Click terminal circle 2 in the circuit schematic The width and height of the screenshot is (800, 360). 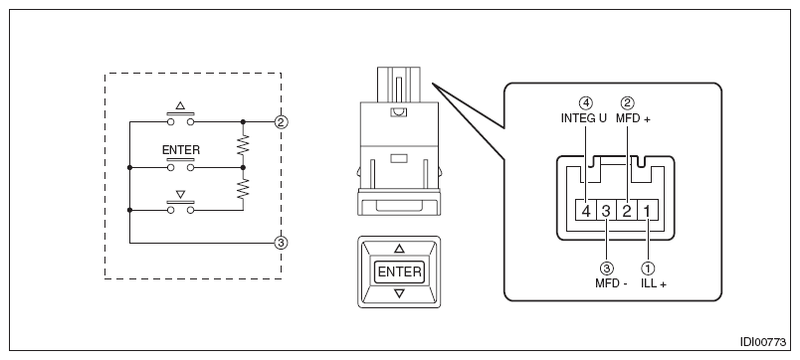coord(281,122)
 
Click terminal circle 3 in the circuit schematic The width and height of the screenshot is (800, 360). coord(281,244)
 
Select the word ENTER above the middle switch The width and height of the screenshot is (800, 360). coord(181,150)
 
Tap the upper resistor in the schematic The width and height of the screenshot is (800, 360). coord(244,145)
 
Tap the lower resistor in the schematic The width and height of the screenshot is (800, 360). coord(244,189)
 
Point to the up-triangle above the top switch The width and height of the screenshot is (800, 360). coord(181,105)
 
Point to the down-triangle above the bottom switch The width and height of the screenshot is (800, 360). coord(181,195)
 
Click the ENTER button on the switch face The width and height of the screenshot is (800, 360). coord(399,271)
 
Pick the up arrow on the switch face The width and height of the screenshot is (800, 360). coord(399,249)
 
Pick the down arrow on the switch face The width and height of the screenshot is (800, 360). coord(399,293)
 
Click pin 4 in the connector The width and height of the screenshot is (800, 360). coord(586,211)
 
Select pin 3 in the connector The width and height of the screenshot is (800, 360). coord(606,211)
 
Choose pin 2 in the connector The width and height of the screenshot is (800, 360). coord(627,211)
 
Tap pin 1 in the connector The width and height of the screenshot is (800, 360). coord(648,211)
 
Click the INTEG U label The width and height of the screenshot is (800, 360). coord(584,118)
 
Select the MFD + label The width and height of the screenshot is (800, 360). coord(633,118)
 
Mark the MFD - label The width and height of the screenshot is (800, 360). coord(611,283)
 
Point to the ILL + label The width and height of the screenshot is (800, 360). coord(654,283)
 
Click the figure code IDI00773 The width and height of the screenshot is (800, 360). coord(763,342)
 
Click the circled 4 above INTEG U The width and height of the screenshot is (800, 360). coord(587,103)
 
